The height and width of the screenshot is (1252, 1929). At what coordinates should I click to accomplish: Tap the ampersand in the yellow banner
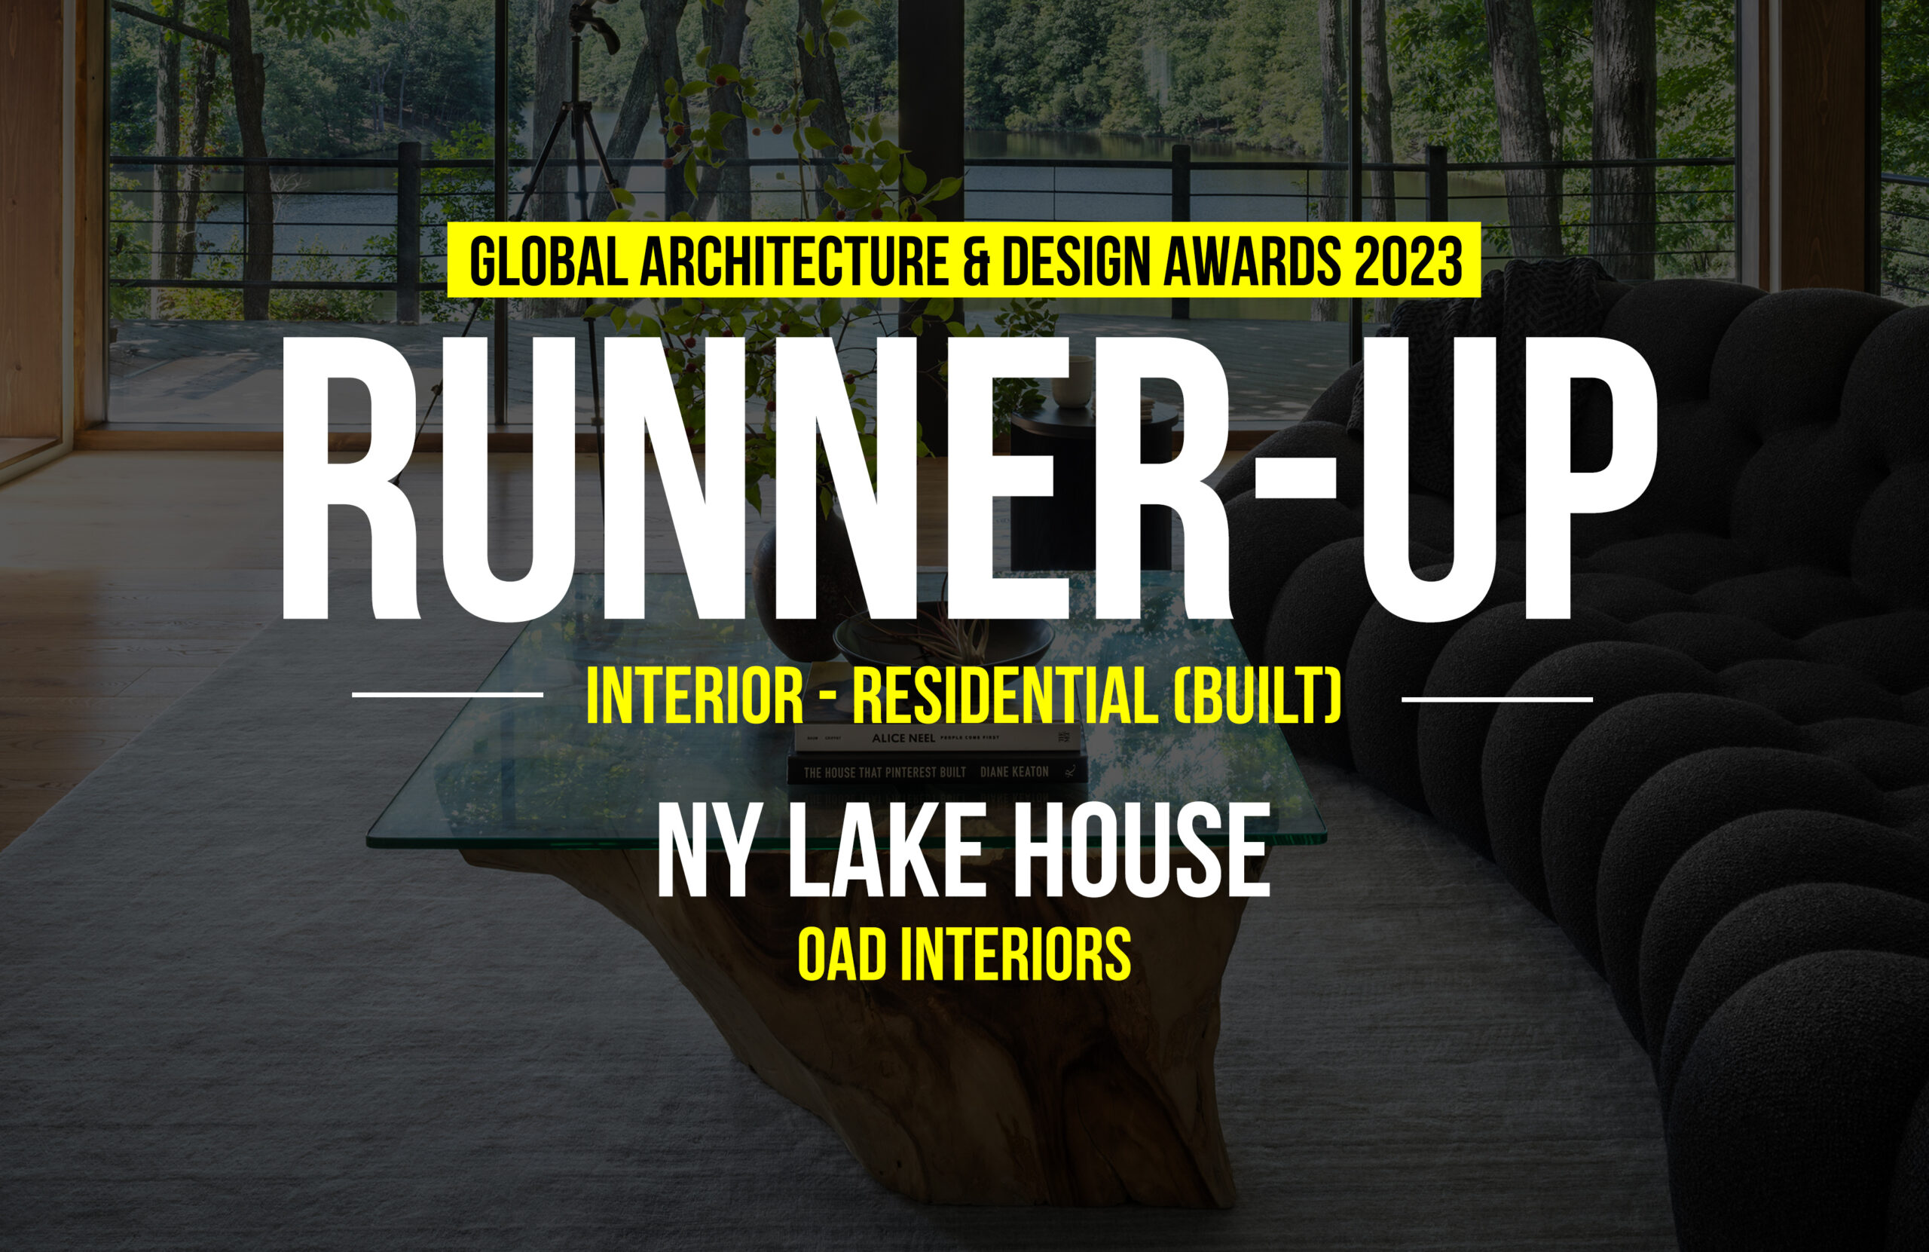977,261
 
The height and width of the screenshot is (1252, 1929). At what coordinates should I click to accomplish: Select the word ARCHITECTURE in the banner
793,261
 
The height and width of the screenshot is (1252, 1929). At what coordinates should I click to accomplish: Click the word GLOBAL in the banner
549,261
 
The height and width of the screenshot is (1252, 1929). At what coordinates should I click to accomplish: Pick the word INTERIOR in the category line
695,696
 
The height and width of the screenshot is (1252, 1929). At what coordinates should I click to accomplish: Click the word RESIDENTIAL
1004,696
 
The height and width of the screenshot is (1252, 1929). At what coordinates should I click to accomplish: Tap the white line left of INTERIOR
448,694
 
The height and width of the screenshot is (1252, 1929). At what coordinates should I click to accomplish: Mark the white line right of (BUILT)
1497,698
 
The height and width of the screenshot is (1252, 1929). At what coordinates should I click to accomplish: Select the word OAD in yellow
842,955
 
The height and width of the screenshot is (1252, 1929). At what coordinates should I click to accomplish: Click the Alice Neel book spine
937,738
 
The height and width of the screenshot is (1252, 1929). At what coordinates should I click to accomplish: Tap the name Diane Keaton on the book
1014,772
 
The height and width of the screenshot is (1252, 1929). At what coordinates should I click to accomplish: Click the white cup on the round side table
1072,381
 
